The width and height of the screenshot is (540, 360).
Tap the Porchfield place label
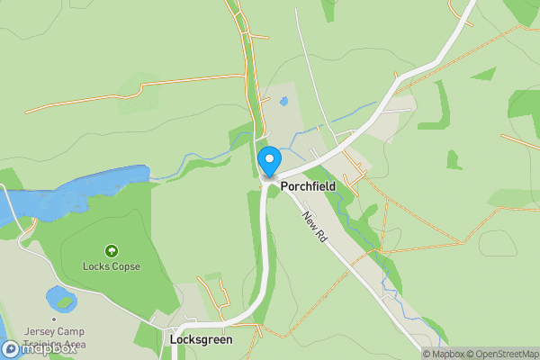[x=308, y=186]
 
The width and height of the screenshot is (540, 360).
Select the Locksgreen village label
[x=201, y=340]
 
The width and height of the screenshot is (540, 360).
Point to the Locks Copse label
[x=112, y=266]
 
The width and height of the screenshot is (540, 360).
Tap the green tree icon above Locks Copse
[x=112, y=251]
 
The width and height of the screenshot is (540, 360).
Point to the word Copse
[x=125, y=266]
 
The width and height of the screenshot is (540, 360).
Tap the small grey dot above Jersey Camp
[x=55, y=319]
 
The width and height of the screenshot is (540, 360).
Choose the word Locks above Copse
[x=95, y=266]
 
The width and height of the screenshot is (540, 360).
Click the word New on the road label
[x=309, y=220]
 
